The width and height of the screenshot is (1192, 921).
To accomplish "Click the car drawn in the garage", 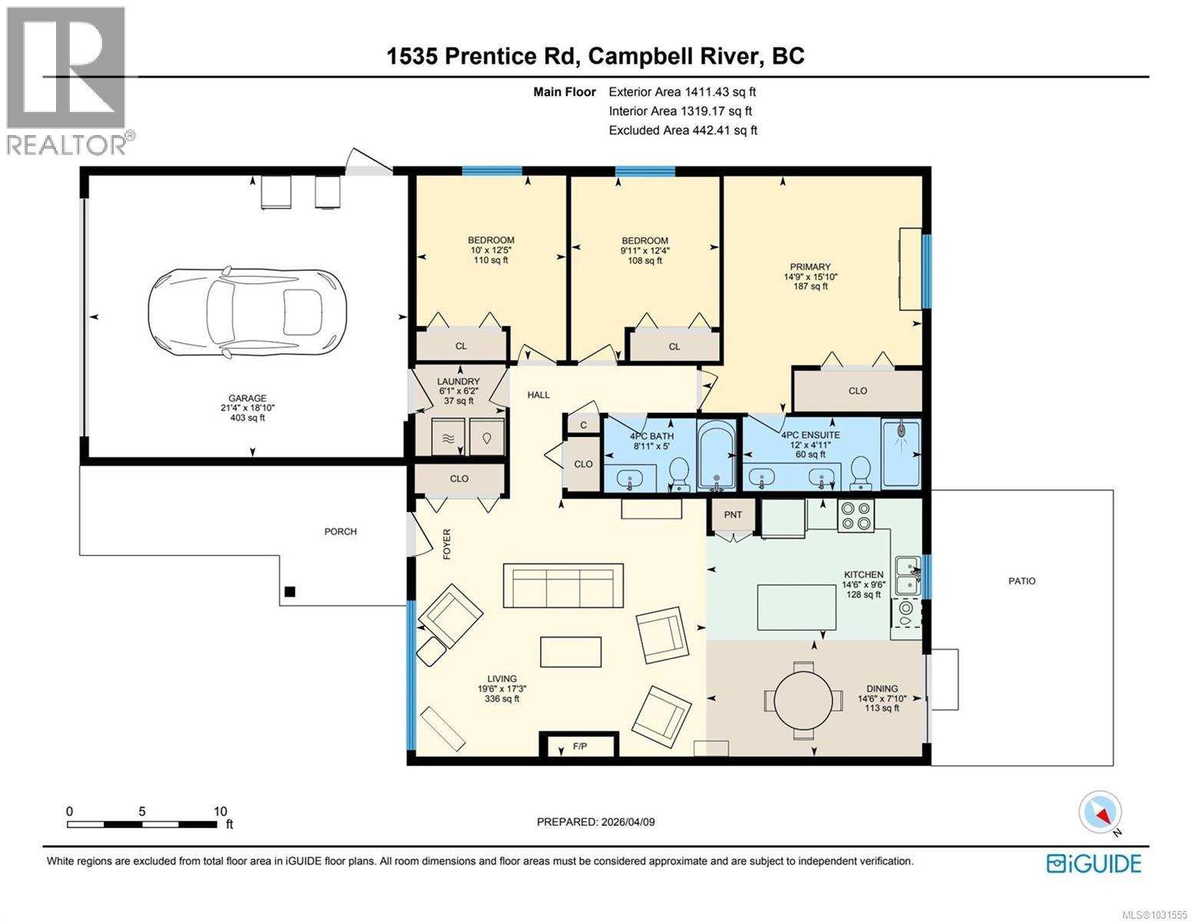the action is coord(247,312).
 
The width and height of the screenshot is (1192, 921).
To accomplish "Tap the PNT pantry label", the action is coord(733,514).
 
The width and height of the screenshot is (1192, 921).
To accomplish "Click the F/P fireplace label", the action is coord(580,746).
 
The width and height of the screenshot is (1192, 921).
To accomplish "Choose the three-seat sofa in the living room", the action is coord(564,585).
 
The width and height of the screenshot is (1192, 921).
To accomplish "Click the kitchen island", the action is coord(797,607).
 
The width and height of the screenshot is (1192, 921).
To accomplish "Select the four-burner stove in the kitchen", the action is coord(856,516).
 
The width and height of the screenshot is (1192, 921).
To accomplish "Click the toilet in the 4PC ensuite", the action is coord(860,474).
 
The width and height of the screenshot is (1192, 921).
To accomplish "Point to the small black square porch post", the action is coord(290,592).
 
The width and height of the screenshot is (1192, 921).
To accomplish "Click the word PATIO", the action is coord(1022,581).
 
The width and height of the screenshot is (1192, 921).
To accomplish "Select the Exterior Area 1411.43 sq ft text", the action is coord(682,92).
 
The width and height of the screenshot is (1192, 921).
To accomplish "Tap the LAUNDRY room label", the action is coord(458,381).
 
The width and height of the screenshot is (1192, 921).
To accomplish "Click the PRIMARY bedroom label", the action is coord(810,267).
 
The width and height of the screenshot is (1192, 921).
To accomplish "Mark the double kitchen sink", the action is coord(909,576).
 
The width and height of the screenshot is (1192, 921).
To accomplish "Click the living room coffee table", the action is coord(571,652).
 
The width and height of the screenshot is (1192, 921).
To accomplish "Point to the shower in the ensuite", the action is coord(901,454).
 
